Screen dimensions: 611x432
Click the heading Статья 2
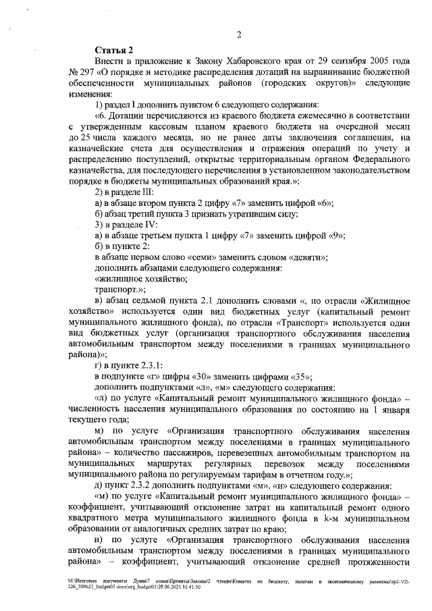(114, 50)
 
